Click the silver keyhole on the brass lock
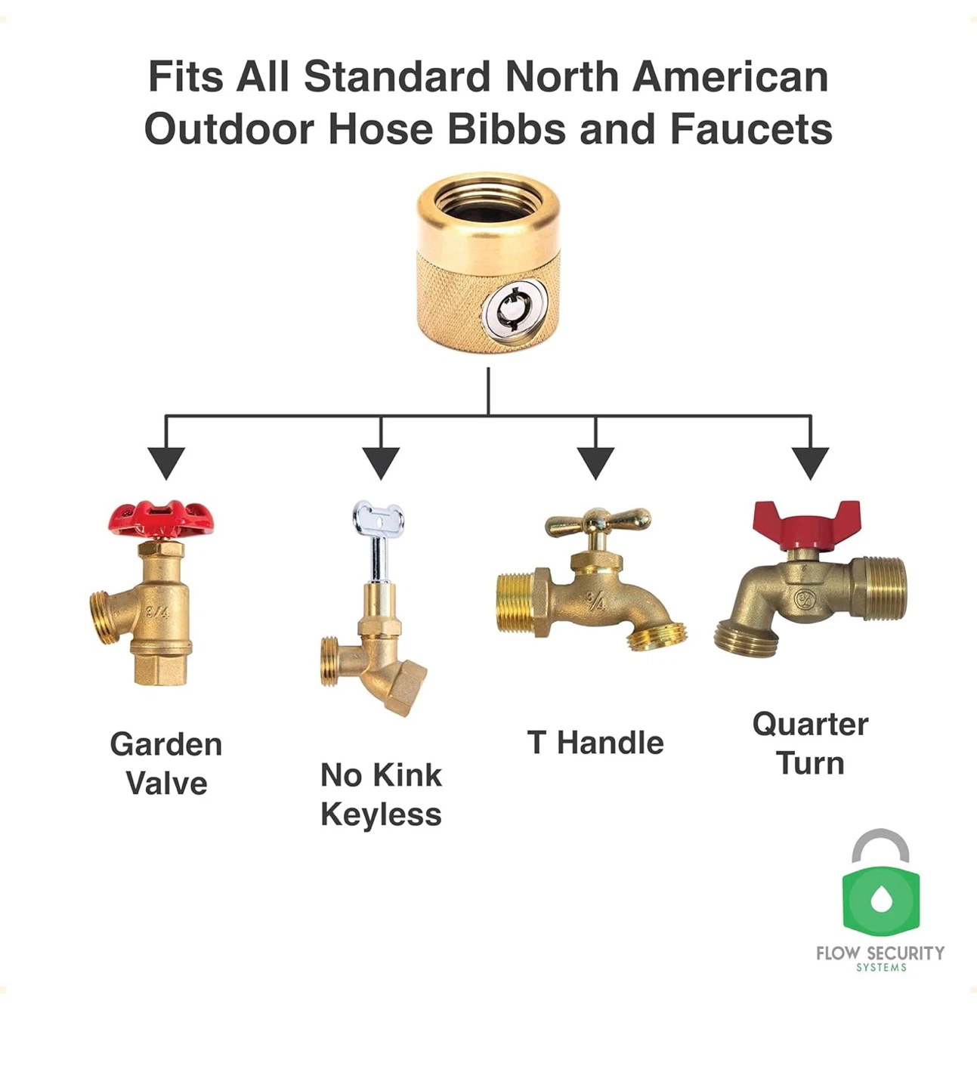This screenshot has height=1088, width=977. (x=512, y=312)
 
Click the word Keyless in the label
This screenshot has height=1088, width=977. (x=381, y=814)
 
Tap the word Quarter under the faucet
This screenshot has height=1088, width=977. (x=810, y=725)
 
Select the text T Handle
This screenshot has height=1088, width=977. (x=595, y=743)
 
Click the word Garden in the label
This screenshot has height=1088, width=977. (x=166, y=744)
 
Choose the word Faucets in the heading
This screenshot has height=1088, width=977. (x=751, y=129)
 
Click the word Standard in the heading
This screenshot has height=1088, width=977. (x=397, y=76)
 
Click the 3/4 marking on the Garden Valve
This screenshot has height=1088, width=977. (x=158, y=612)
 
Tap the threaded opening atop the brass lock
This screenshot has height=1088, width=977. (x=487, y=203)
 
